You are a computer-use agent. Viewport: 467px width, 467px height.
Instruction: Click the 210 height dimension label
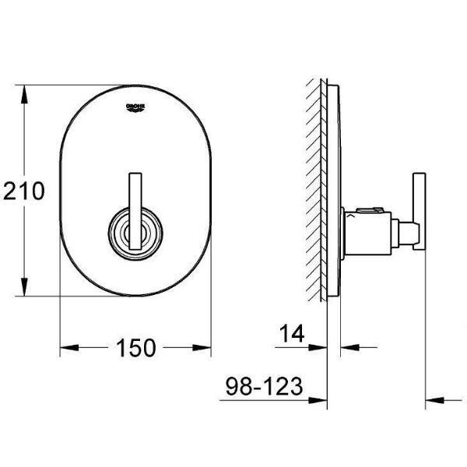tap(24, 191)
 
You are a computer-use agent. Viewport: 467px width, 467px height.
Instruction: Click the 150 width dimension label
tap(135, 348)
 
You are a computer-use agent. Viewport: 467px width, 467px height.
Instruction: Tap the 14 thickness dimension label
tap(292, 333)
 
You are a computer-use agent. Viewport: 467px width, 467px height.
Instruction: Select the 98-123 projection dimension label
tap(264, 386)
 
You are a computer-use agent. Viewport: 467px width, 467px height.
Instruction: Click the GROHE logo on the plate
tap(135, 108)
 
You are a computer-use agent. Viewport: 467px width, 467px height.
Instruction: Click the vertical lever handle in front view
tap(135, 212)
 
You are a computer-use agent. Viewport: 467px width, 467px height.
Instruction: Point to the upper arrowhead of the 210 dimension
tap(24, 94)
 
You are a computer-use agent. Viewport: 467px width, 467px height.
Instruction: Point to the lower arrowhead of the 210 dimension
tap(24, 286)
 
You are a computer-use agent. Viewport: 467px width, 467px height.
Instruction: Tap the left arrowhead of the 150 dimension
tap(69, 348)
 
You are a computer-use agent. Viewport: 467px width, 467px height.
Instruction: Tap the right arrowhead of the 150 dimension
tap(202, 348)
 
